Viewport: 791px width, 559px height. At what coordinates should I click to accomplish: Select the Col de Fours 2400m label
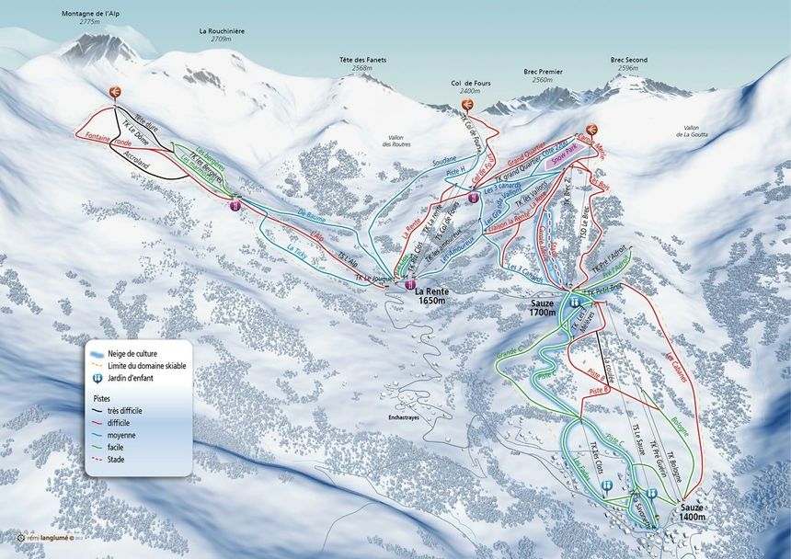[x=470, y=86]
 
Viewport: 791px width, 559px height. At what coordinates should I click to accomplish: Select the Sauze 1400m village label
[x=693, y=512]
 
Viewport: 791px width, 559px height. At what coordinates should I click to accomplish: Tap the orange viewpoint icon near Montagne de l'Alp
[x=116, y=90]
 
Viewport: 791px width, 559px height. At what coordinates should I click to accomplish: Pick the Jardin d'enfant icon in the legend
[x=96, y=377]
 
